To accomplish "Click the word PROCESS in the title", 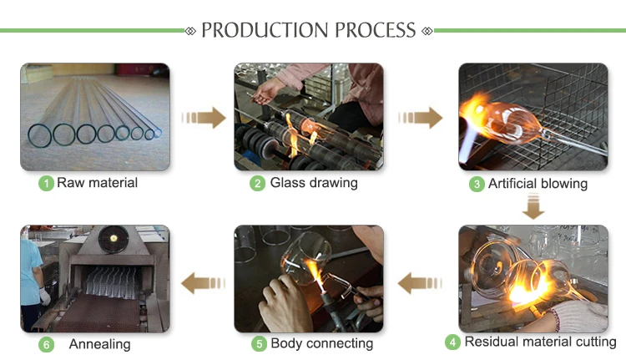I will [x=374, y=31].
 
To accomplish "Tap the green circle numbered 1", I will [x=47, y=183].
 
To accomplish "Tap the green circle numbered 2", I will [x=259, y=183].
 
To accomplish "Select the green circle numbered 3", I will [x=477, y=184].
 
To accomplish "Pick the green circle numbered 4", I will [x=453, y=342].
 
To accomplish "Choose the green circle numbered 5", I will [x=259, y=342].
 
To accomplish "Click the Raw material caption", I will [x=97, y=183].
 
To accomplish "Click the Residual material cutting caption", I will [x=540, y=342].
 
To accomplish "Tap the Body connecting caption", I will [x=321, y=342].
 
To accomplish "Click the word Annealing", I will [x=99, y=343].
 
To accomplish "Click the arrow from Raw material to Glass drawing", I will [x=204, y=118].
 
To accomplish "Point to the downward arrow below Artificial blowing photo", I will [x=533, y=206].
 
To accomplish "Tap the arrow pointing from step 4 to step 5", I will [x=420, y=283].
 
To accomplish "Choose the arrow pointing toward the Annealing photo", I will [x=204, y=283].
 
